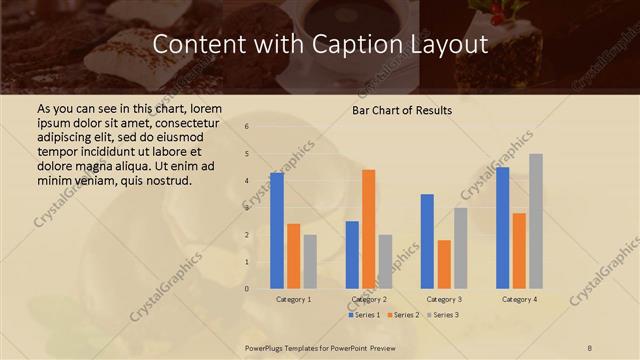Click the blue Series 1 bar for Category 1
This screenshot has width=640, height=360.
[x=277, y=231]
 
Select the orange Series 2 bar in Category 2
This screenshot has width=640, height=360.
[x=369, y=229]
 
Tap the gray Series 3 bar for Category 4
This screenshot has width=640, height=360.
[x=536, y=221]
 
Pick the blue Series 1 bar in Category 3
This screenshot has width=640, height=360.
[x=427, y=241]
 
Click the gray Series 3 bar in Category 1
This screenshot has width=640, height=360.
[x=310, y=262]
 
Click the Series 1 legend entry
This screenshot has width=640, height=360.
[x=364, y=315]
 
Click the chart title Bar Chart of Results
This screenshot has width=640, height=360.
[x=401, y=110]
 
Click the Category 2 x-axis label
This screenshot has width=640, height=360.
[x=369, y=299]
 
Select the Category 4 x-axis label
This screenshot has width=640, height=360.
[x=519, y=299]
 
